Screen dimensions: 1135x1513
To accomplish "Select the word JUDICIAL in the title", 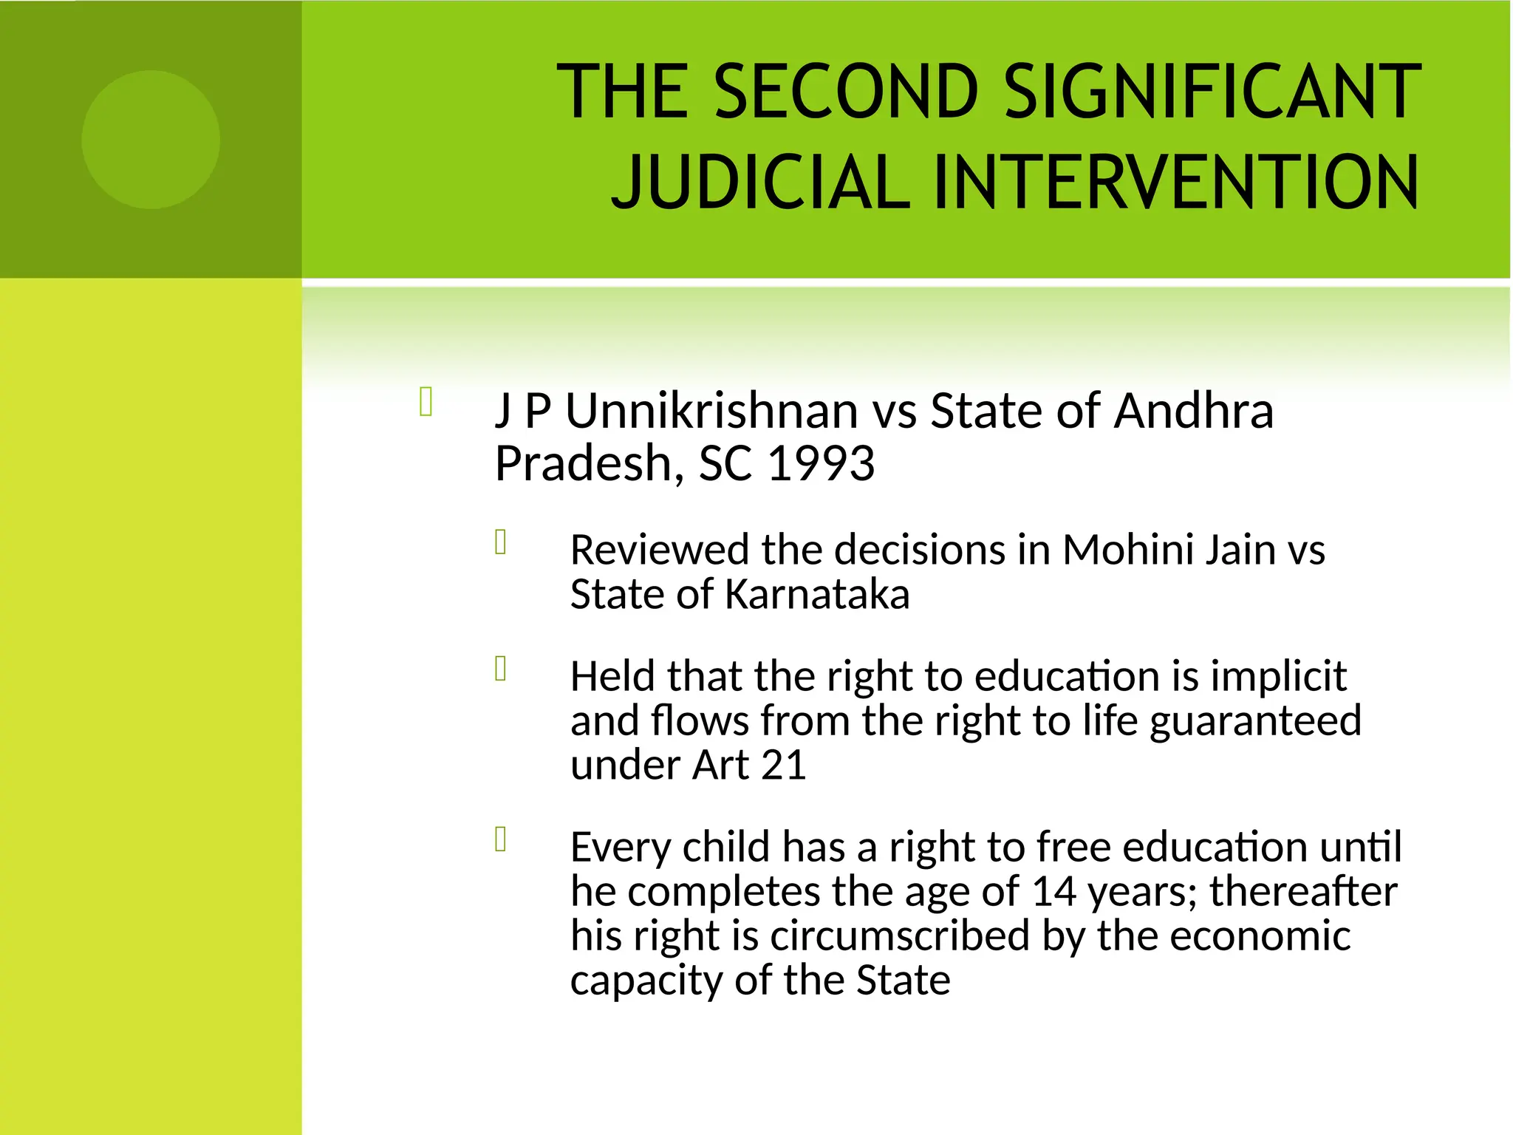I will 760,182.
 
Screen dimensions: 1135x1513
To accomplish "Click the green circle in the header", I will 151,140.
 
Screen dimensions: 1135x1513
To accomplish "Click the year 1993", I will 822,464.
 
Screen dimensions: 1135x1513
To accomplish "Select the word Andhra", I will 1194,411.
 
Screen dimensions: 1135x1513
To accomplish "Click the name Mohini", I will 1127,550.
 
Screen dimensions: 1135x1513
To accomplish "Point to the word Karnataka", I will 817,595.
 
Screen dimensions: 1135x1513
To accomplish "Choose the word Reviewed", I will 660,550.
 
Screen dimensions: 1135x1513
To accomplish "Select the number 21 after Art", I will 783,765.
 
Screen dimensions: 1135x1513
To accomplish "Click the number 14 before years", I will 1053,891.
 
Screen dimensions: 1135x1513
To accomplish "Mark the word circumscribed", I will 900,935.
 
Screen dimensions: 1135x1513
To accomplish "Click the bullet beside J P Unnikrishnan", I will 426,402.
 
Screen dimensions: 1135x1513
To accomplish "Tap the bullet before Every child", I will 501,839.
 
